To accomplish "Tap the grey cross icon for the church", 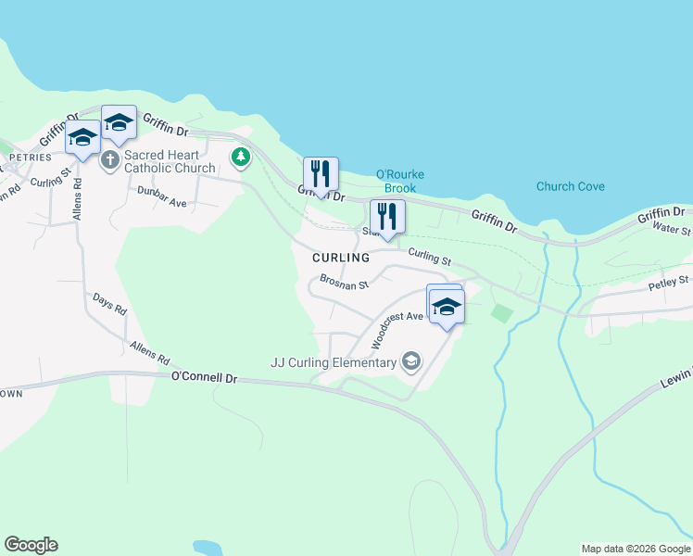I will [x=109, y=160].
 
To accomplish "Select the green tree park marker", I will [x=241, y=158].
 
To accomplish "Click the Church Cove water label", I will [x=570, y=186].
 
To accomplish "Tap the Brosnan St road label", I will [x=344, y=280].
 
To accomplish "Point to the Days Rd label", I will [x=109, y=305].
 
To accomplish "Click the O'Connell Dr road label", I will [x=205, y=378].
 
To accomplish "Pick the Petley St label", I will [x=669, y=279].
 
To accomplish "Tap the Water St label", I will [x=671, y=227].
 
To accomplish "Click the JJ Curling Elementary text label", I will [x=334, y=362].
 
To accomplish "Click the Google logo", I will [x=31, y=545].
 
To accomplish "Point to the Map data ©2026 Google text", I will [x=636, y=549].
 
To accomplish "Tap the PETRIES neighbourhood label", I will [x=23, y=158].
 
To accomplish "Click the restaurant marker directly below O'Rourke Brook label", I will [x=387, y=218].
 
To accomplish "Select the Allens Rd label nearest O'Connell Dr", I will [x=150, y=352].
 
